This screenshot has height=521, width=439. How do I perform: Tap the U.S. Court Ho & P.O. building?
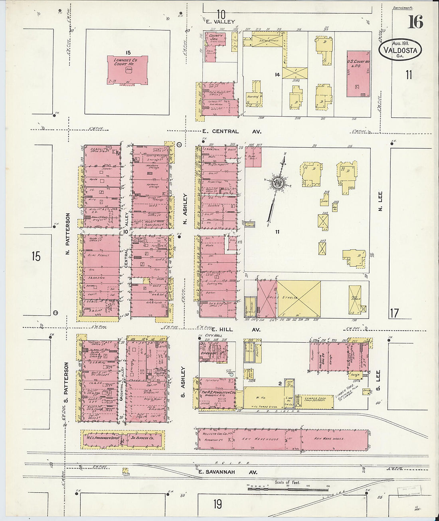click(x=358, y=73)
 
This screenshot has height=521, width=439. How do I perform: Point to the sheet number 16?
click(x=415, y=22)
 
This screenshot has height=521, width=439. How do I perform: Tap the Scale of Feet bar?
click(x=287, y=487)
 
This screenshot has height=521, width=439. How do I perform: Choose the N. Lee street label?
click(x=380, y=202)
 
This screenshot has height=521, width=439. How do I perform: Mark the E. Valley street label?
click(x=220, y=22)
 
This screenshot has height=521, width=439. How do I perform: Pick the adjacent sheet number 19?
click(x=217, y=504)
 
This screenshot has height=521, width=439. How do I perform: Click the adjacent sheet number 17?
click(x=394, y=313)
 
